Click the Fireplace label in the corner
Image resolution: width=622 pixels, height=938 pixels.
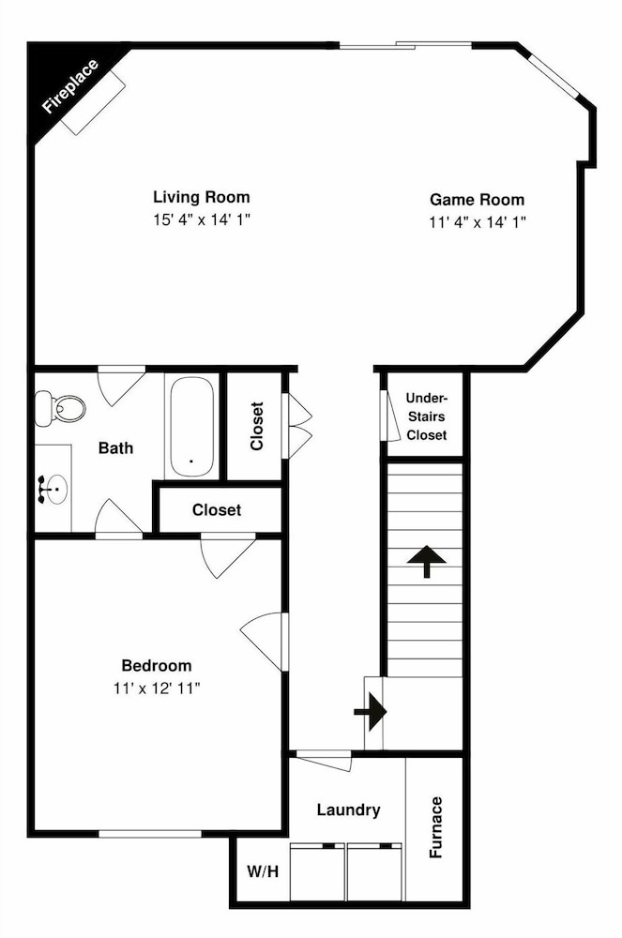(x=70, y=86)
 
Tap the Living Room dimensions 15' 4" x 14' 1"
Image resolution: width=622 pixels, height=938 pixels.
(x=202, y=219)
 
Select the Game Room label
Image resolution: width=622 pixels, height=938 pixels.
(x=478, y=199)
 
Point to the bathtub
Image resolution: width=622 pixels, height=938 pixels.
(x=192, y=427)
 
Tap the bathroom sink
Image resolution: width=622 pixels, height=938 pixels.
(x=55, y=489)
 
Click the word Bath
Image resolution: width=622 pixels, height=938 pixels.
(x=116, y=447)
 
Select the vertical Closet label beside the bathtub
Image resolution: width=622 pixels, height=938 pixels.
(x=256, y=426)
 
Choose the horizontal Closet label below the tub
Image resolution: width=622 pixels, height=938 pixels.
(x=217, y=509)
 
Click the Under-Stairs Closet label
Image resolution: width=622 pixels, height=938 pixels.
(x=427, y=416)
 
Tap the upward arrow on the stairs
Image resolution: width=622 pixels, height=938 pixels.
(x=427, y=562)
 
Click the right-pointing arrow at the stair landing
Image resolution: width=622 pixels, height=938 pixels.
(x=371, y=712)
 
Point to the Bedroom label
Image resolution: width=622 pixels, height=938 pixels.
(x=157, y=665)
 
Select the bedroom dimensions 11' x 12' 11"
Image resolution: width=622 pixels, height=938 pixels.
(x=157, y=688)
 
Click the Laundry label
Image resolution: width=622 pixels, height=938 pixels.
(x=349, y=810)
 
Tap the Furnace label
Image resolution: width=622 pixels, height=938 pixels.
(x=436, y=827)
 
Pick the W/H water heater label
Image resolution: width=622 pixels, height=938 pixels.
(x=263, y=871)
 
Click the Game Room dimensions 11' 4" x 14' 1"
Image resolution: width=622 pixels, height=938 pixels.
(x=478, y=222)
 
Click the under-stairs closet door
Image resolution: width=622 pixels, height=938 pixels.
(x=390, y=416)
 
